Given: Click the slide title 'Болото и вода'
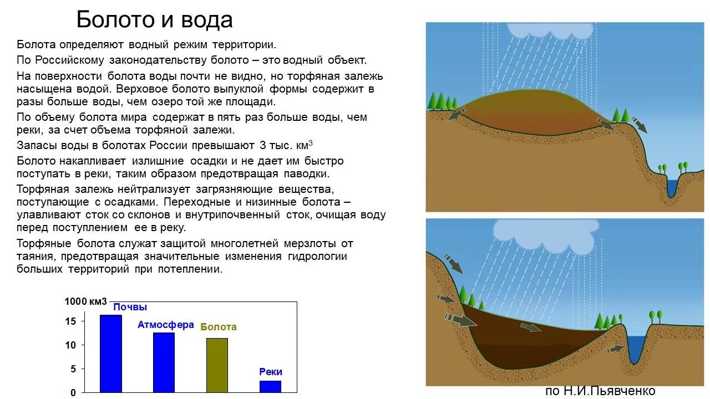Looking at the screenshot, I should pyautogui.click(x=154, y=20).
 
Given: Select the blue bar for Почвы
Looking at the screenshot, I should pyautogui.click(x=111, y=354).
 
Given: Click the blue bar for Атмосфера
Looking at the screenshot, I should pyautogui.click(x=164, y=362).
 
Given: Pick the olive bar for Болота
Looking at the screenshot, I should pyautogui.click(x=217, y=365).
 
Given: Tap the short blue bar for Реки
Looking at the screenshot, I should pyautogui.click(x=270, y=386).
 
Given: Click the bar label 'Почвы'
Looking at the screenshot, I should pyautogui.click(x=130, y=307).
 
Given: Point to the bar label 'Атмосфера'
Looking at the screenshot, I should pyautogui.click(x=166, y=325).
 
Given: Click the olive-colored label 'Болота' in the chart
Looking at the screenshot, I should pyautogui.click(x=218, y=327).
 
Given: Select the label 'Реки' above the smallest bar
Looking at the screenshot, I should pyautogui.click(x=271, y=372).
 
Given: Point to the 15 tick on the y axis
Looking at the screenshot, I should pyautogui.click(x=70, y=321).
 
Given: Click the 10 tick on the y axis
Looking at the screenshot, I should pyautogui.click(x=70, y=345).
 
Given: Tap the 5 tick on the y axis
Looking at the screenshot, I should pyautogui.click(x=73, y=369).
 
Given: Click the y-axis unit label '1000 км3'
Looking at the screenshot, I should pyautogui.click(x=85, y=301).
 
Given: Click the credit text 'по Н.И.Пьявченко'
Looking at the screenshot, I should pyautogui.click(x=600, y=391).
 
